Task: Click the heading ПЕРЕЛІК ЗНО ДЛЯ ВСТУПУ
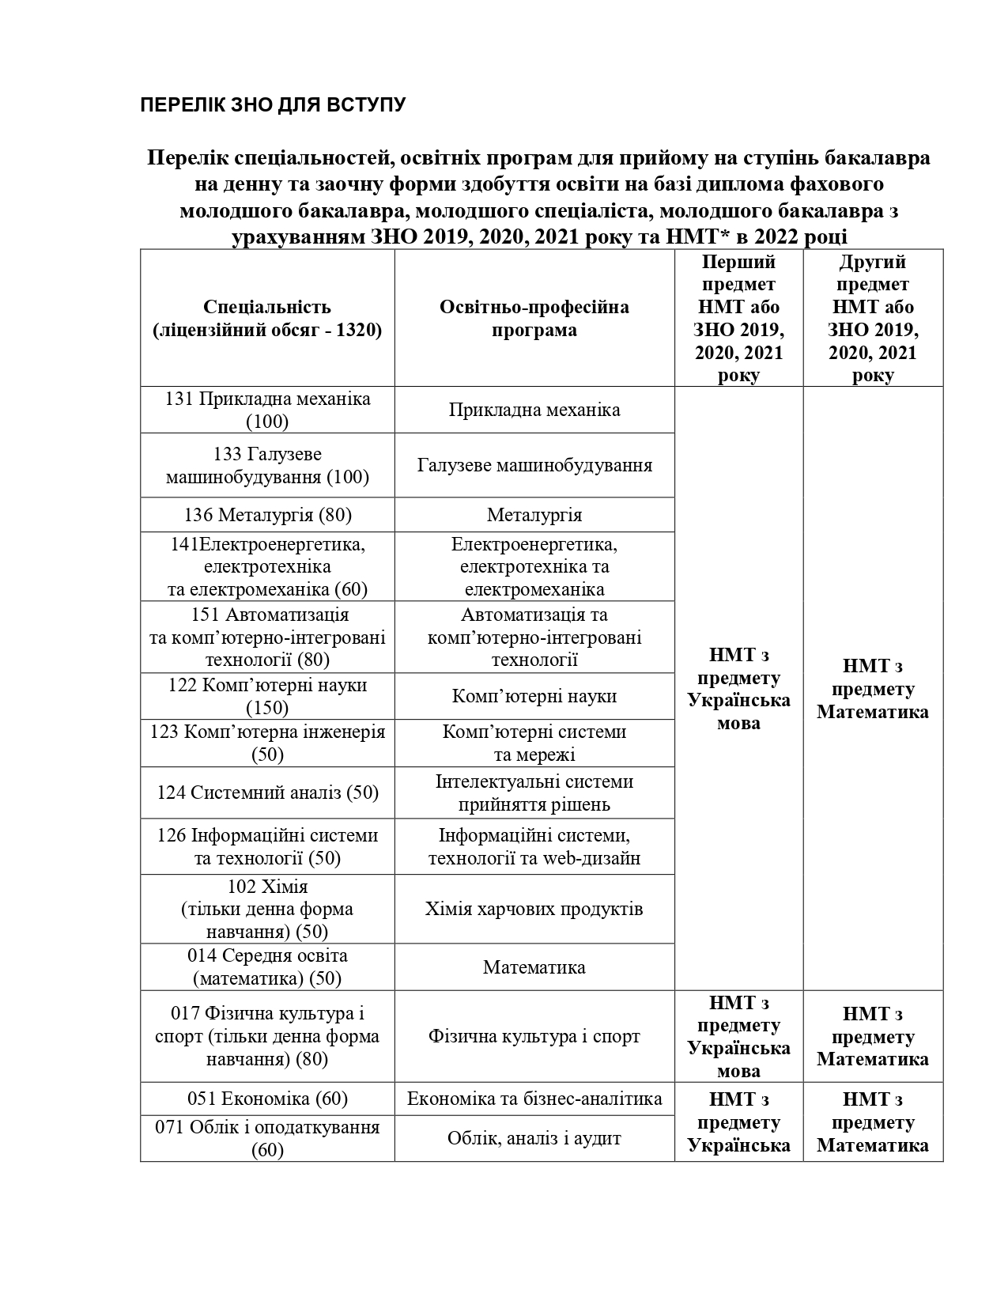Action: point(273,104)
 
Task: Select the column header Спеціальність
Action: point(267,318)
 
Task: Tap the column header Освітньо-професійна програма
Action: point(534,318)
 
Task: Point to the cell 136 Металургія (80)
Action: point(267,515)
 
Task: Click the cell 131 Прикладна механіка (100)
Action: point(267,410)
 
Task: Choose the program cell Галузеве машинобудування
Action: point(534,465)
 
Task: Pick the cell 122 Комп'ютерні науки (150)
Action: point(267,696)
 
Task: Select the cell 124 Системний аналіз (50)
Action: point(267,792)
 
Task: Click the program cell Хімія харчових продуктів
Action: point(534,909)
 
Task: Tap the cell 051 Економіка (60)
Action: point(267,1099)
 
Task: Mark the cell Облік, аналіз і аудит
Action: point(534,1138)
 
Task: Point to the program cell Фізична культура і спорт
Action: point(534,1036)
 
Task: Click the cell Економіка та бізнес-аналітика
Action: point(534,1099)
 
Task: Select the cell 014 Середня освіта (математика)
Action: point(267,966)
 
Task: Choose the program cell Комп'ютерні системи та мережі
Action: point(534,743)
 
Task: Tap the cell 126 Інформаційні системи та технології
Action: point(267,846)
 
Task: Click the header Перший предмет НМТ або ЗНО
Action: point(738,318)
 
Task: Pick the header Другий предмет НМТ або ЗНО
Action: point(873,318)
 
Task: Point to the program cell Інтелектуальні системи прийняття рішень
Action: point(534,792)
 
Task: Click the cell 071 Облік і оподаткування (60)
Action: point(267,1138)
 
